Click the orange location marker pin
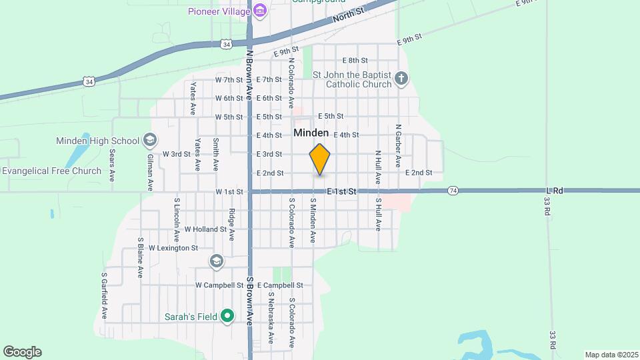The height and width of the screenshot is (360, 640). pos(320,159)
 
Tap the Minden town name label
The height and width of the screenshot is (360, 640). pos(311,133)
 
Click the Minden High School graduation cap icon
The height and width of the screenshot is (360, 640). pos(150,141)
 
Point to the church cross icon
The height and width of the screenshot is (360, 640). pos(401,79)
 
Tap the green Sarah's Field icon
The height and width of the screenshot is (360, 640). pos(227,316)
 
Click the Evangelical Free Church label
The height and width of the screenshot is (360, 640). pos(51,171)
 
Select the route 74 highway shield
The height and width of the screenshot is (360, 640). pos(453,191)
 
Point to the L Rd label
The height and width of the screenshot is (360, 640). pos(555,191)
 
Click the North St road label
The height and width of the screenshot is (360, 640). pos(349,13)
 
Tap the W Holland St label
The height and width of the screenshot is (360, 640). pos(206,229)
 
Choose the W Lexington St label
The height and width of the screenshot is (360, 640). pos(173,247)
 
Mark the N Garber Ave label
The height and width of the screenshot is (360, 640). pos(398,145)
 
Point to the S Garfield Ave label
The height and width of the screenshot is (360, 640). pos(105,295)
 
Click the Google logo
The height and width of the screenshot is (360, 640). pos(22,351)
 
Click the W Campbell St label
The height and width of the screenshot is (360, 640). pos(219,285)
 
